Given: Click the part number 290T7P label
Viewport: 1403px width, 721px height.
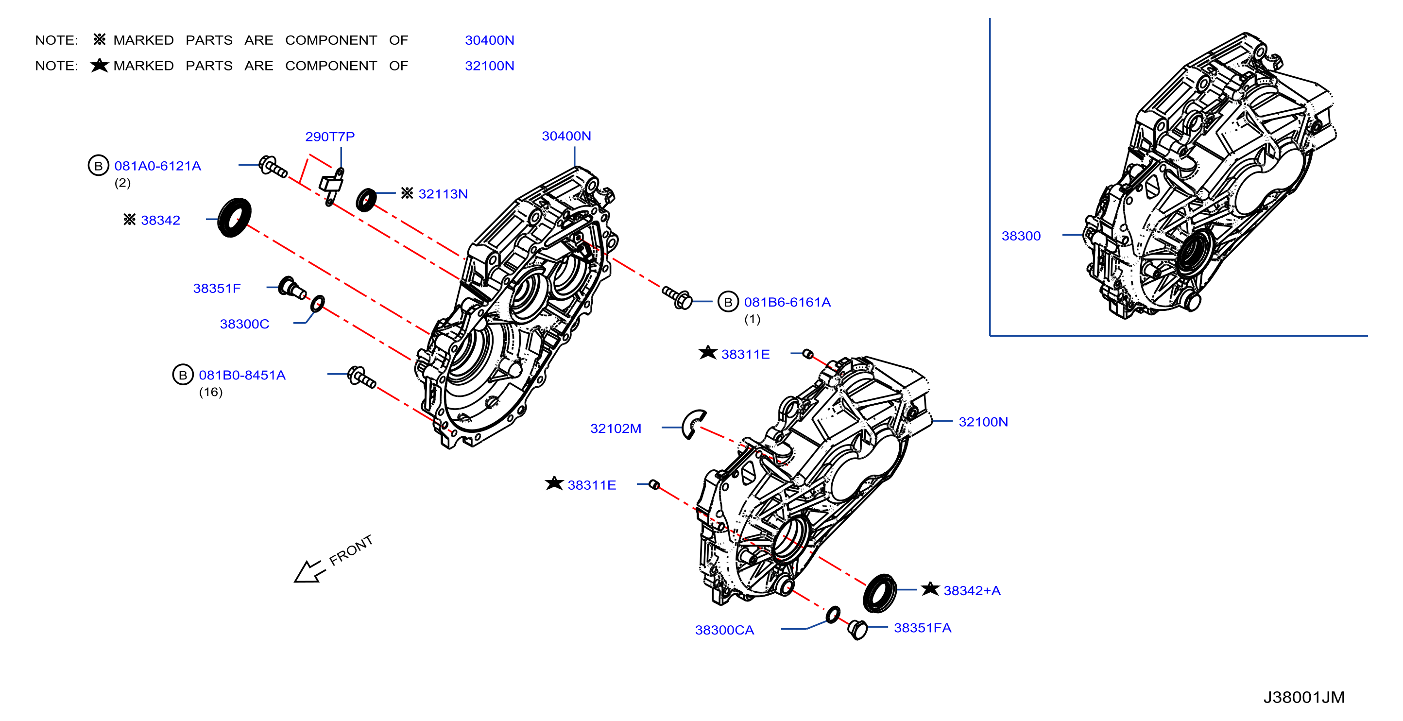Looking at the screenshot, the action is [x=329, y=136].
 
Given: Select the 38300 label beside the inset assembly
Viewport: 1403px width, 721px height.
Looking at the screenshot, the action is [x=1021, y=236].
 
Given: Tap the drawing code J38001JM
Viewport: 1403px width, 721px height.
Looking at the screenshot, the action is [x=1304, y=697].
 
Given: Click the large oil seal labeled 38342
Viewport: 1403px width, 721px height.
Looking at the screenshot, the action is [x=235, y=218].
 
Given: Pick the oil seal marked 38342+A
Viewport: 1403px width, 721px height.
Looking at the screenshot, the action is [x=880, y=593].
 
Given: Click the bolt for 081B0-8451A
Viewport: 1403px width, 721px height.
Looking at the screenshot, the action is [x=361, y=377].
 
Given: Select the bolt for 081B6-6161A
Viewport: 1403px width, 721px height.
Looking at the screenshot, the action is [x=677, y=297].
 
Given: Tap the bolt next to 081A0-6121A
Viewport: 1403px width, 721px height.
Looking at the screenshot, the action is [x=273, y=167].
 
